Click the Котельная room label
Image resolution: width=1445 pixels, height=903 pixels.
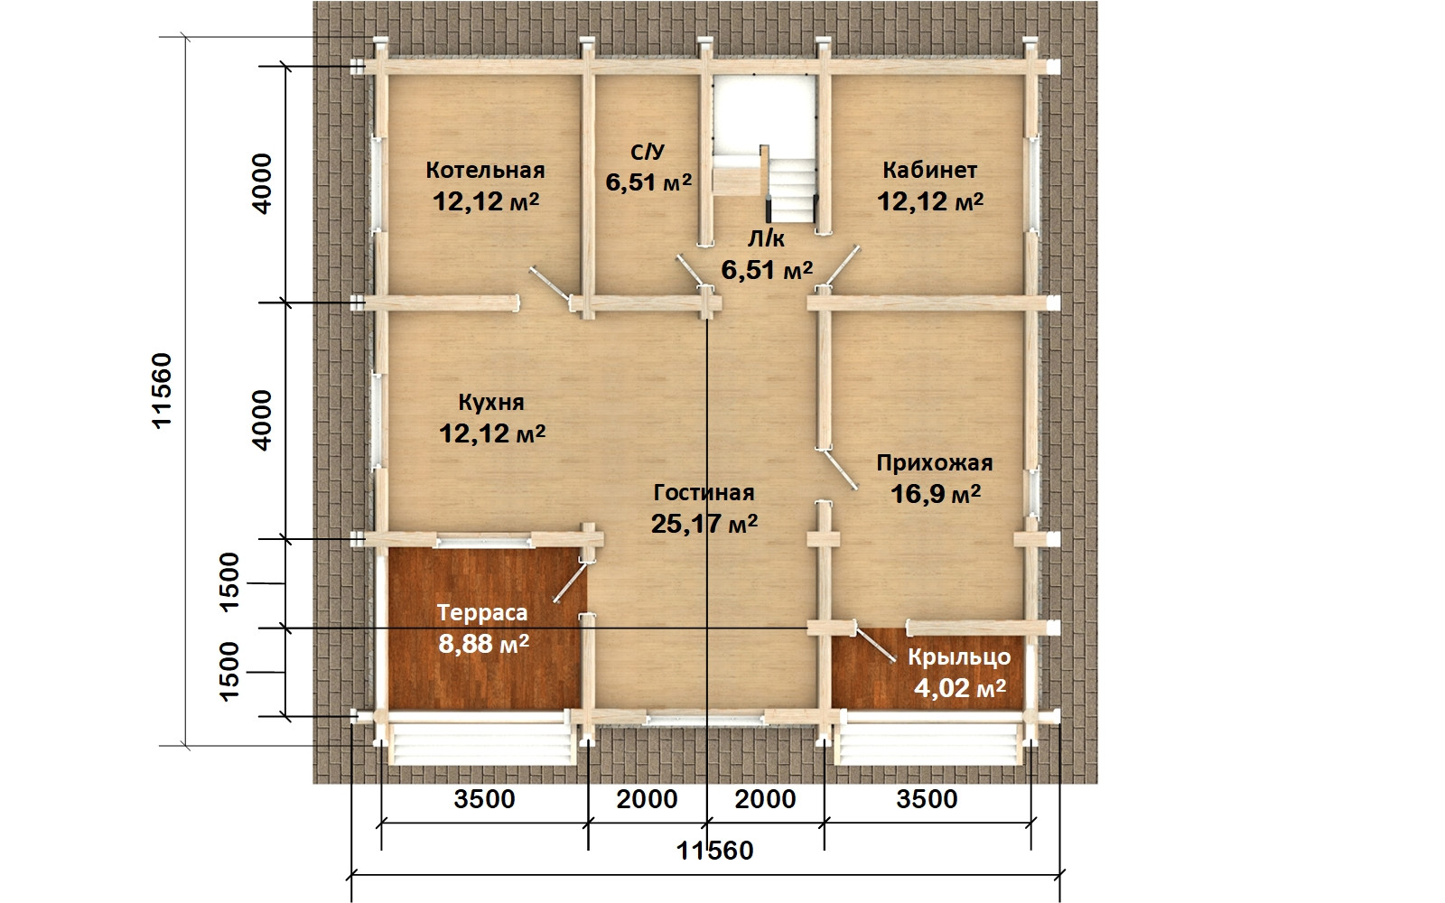tap(485, 171)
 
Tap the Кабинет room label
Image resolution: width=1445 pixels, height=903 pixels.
tap(929, 171)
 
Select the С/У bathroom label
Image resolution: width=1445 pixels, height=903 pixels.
tap(647, 153)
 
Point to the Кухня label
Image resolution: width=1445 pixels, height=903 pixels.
tap(491, 403)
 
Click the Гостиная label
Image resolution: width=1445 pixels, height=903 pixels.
tap(704, 493)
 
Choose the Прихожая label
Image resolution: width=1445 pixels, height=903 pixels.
tap(934, 463)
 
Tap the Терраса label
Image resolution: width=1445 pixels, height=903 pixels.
tap(482, 613)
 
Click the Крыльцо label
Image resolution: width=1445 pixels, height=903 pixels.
tap(959, 657)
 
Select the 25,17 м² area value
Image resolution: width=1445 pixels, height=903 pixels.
tap(704, 524)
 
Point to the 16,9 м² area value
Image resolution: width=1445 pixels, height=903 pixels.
tap(936, 494)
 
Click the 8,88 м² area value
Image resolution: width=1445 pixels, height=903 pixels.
tap(483, 644)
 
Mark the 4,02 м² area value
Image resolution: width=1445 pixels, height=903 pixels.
tap(960, 688)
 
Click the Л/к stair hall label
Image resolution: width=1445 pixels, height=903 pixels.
tap(766, 239)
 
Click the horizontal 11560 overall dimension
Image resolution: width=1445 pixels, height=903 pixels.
tap(714, 851)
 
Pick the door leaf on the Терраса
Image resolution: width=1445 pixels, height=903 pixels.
tap(571, 582)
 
